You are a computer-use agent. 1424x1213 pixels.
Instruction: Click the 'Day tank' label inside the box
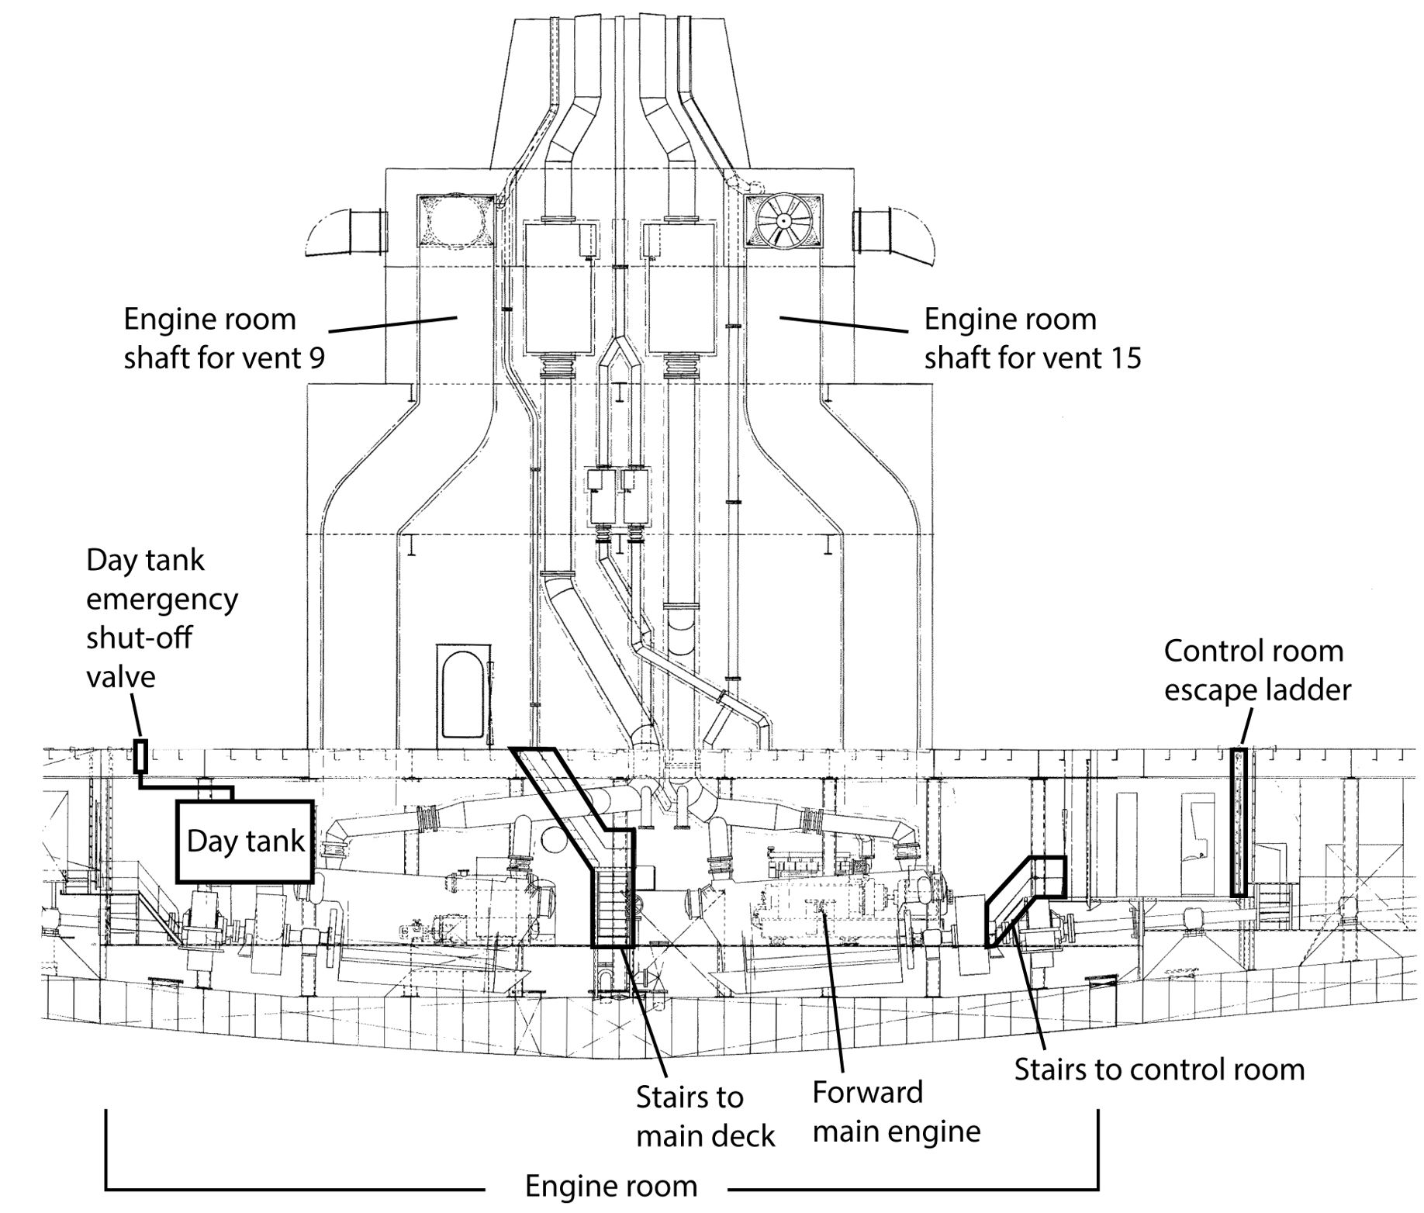point(245,841)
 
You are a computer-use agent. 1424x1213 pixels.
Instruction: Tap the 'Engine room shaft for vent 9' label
point(224,338)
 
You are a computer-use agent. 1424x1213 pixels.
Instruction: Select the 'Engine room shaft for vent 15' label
point(1032,338)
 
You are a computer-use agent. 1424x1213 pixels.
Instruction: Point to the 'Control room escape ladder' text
point(1256,670)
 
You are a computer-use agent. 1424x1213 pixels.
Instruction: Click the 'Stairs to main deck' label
point(704,1116)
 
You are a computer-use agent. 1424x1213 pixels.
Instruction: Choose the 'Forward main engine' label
point(896,1112)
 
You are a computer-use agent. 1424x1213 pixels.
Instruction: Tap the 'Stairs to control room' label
point(1159,1069)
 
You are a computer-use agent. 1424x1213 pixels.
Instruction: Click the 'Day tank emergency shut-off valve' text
point(161,618)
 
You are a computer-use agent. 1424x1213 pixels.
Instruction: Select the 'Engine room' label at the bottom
point(611,1186)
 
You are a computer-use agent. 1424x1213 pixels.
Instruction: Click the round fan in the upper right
point(783,222)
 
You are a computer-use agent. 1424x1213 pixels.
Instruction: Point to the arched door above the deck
point(463,693)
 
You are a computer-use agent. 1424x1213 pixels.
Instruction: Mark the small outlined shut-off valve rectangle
point(140,756)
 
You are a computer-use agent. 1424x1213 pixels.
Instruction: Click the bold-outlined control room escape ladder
point(1239,821)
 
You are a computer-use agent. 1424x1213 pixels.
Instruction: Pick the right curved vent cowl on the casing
point(893,230)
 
